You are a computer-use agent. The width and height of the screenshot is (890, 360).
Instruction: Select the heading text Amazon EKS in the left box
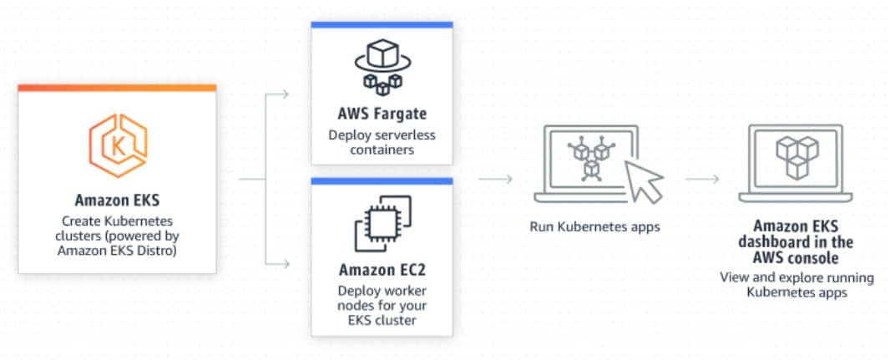tap(117, 200)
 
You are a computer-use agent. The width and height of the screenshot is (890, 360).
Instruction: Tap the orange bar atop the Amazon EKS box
tap(117, 88)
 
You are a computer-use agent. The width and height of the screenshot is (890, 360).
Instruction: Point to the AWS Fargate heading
tap(382, 114)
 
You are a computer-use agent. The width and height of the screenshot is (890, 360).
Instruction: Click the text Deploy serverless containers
tap(382, 143)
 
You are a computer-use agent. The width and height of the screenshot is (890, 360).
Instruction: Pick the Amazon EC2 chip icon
tap(382, 223)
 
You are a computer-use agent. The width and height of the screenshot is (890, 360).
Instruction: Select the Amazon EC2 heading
tap(382, 270)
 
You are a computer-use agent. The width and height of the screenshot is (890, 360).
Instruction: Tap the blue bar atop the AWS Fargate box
tap(382, 24)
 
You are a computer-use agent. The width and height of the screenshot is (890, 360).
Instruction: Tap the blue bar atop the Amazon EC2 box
tap(382, 181)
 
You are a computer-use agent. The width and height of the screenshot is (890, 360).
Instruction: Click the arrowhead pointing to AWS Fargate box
tap(286, 94)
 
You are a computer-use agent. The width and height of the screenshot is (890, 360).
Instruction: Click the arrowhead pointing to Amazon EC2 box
tap(286, 263)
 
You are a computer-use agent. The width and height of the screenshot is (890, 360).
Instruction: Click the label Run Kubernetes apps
tap(594, 227)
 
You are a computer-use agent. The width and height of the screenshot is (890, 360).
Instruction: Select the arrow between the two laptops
tap(702, 180)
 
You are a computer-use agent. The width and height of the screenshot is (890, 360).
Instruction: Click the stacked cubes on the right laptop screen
tap(797, 157)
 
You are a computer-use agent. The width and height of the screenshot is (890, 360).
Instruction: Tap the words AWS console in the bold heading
tap(796, 257)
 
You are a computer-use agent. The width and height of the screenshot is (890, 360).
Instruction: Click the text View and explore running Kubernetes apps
tap(797, 285)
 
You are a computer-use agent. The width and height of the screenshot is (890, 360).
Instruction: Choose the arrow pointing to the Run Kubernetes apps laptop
tap(496, 180)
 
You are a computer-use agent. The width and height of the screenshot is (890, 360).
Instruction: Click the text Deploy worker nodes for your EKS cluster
tap(382, 306)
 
